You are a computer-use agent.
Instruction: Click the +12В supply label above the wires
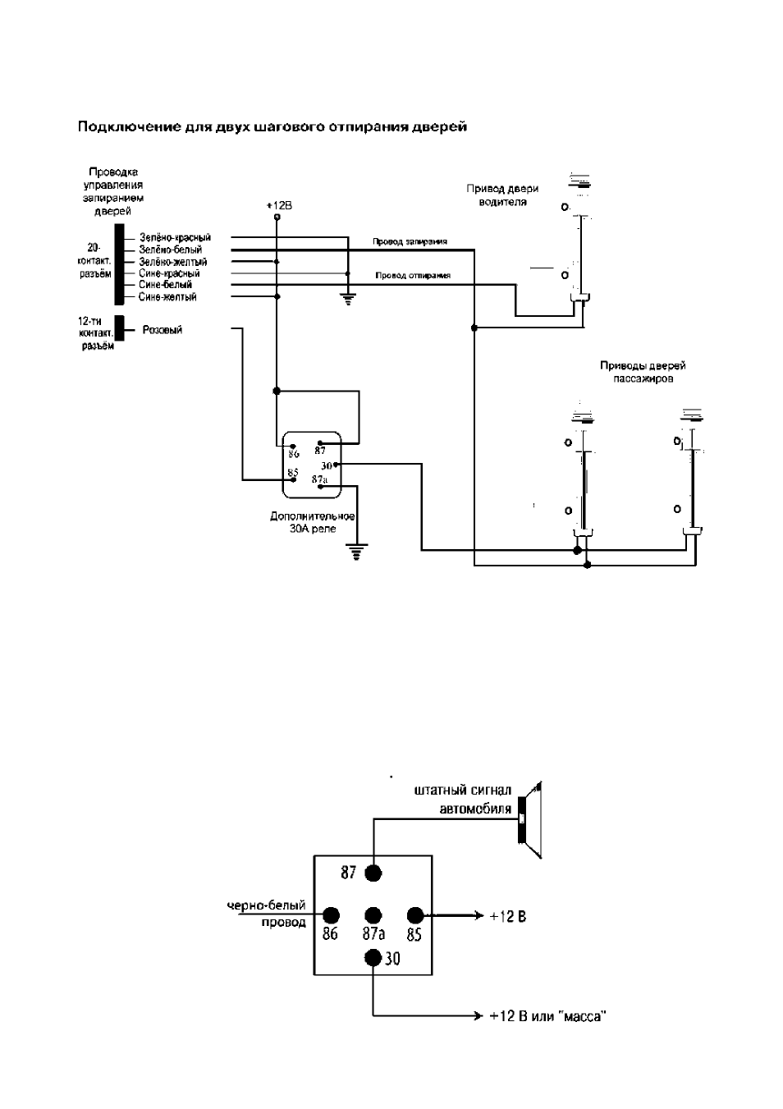[x=279, y=205]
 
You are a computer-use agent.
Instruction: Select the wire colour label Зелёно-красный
[x=175, y=237]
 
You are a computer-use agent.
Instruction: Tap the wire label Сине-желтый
[x=167, y=297]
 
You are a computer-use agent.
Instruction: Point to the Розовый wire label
[x=163, y=330]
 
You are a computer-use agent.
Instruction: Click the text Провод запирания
[x=410, y=241]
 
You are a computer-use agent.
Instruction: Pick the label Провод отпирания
[x=413, y=275]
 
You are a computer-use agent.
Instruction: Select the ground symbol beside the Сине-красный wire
[x=348, y=299]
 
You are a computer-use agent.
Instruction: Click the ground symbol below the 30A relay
[x=356, y=551]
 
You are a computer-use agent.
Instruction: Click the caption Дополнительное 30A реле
[x=313, y=522]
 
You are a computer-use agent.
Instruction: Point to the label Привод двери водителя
[x=502, y=195]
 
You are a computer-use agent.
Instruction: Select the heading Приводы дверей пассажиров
[x=643, y=372]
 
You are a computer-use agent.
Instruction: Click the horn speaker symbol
[x=530, y=820]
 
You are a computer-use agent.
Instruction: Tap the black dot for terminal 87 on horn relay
[x=373, y=873]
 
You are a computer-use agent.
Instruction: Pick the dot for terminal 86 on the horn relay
[x=331, y=915]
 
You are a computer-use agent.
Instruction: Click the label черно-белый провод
[x=266, y=914]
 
